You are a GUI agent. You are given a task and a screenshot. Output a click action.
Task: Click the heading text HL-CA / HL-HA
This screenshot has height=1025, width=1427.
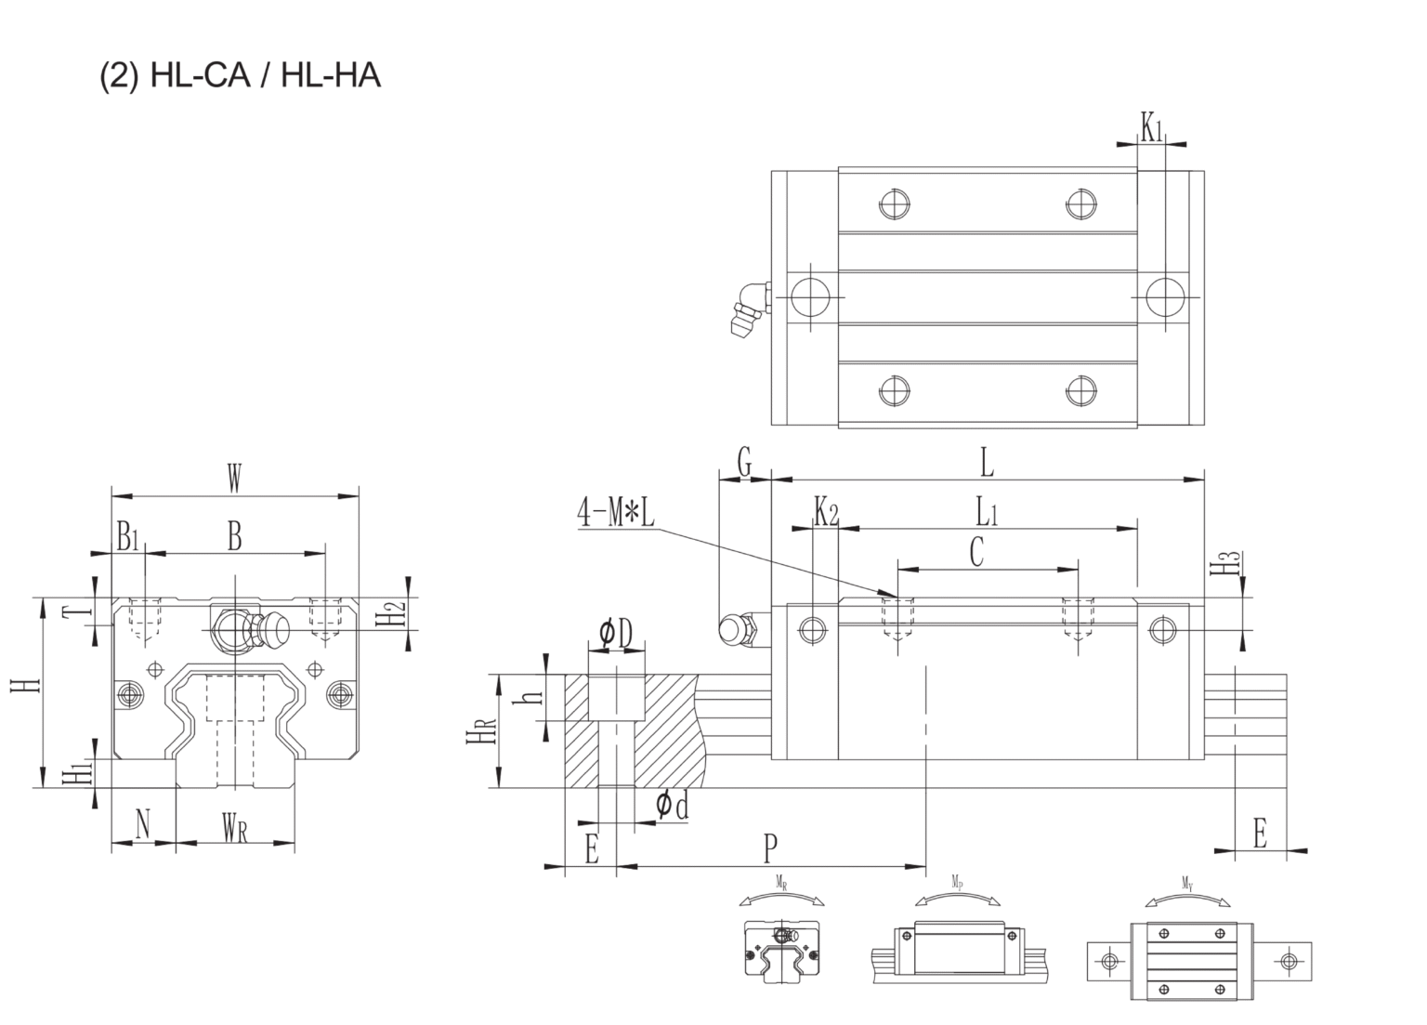tap(240, 74)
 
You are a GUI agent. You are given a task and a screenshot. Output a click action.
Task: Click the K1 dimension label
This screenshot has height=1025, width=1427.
tap(1152, 127)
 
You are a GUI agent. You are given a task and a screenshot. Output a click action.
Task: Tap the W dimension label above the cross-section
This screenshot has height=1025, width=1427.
tap(234, 480)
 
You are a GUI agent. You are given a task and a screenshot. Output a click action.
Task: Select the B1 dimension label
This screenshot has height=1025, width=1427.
tap(127, 536)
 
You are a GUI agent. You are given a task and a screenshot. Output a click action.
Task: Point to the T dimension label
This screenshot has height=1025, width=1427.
tap(83, 611)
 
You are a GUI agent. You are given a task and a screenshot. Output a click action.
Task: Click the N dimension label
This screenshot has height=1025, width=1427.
tap(142, 824)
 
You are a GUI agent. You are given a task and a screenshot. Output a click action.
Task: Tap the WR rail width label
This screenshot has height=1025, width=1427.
tap(234, 826)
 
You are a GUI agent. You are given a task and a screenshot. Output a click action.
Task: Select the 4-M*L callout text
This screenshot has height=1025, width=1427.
tap(616, 513)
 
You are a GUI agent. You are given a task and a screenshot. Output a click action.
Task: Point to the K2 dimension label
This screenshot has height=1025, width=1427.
tap(826, 511)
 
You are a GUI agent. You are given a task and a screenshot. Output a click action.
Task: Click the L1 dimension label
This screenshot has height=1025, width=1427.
tap(987, 511)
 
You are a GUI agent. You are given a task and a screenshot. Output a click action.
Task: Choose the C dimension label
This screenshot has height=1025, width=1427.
tap(976, 552)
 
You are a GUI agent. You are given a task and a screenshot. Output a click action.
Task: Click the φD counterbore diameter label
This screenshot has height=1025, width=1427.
tap(615, 634)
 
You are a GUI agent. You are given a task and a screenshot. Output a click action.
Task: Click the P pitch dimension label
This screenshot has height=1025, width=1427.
tap(770, 848)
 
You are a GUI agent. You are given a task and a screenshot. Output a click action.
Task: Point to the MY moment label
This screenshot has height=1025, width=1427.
tap(1188, 884)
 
